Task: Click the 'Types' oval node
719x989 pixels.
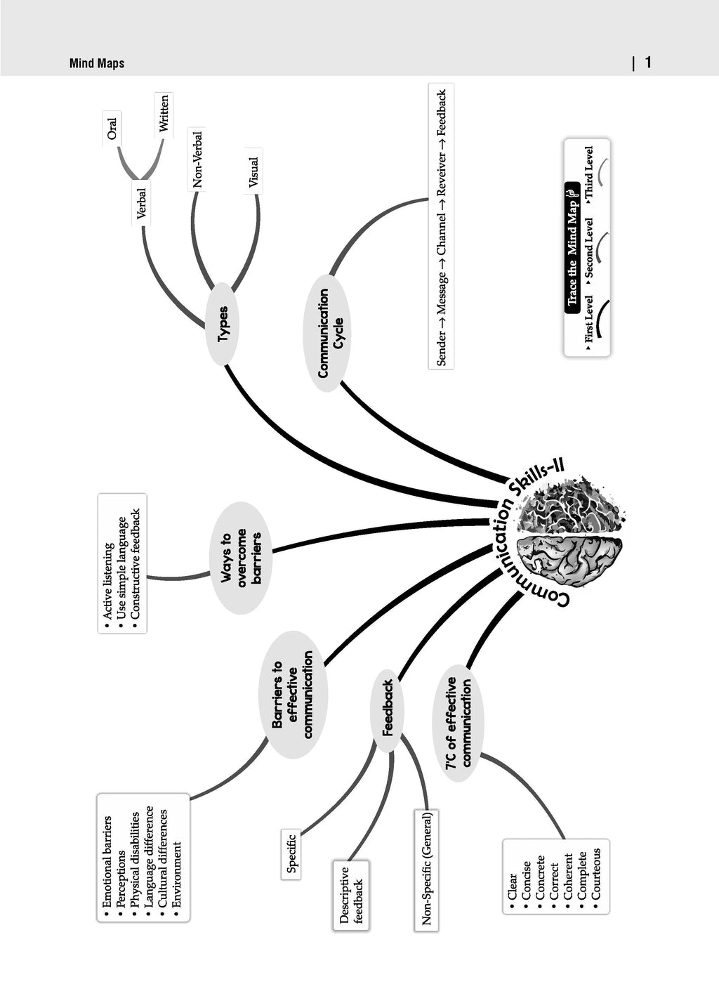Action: pyautogui.click(x=223, y=324)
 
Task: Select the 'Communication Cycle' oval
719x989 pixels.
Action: pyautogui.click(x=326, y=333)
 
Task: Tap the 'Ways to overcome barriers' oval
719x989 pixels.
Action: pyautogui.click(x=241, y=558)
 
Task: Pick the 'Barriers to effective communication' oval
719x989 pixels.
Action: pyautogui.click(x=293, y=695)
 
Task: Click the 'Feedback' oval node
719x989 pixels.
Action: pyautogui.click(x=388, y=710)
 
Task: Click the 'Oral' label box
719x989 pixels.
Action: pyautogui.click(x=112, y=128)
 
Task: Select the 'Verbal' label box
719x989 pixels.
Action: pyautogui.click(x=141, y=203)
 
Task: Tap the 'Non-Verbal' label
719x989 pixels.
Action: pyautogui.click(x=197, y=159)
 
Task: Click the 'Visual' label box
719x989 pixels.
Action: pyautogui.click(x=253, y=171)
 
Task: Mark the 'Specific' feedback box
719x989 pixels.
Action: pyautogui.click(x=291, y=854)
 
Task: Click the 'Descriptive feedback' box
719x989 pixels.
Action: pyautogui.click(x=351, y=896)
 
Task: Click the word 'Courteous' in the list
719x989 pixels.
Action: pyautogui.click(x=596, y=876)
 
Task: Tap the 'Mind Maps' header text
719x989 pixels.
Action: pyautogui.click(x=97, y=63)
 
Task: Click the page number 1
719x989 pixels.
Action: pyautogui.click(x=648, y=63)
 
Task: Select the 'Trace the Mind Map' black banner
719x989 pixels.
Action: pyautogui.click(x=572, y=248)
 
